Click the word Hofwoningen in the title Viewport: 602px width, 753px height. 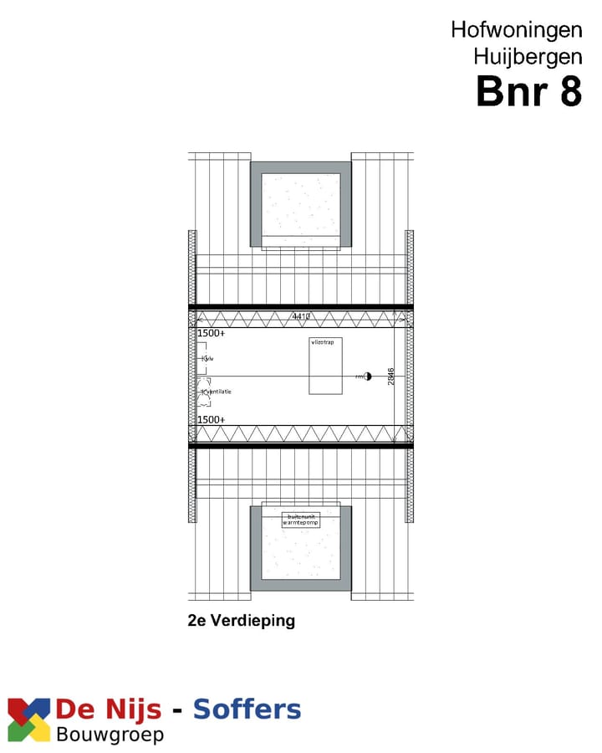pyautogui.click(x=516, y=29)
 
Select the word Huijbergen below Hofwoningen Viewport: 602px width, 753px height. pyautogui.click(x=527, y=57)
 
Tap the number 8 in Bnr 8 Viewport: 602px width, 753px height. pyautogui.click(x=569, y=91)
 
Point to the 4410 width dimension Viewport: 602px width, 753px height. pyautogui.click(x=301, y=317)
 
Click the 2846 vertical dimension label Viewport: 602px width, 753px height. pyautogui.click(x=391, y=376)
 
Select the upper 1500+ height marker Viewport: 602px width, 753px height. pyautogui.click(x=211, y=333)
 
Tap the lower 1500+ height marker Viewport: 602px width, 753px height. pyautogui.click(x=211, y=419)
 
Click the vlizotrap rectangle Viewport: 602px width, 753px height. pyautogui.click(x=325, y=366)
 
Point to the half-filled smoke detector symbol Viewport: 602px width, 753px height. pyautogui.click(x=366, y=376)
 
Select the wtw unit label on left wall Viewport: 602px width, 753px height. pyautogui.click(x=207, y=359)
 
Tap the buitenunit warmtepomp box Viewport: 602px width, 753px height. pyautogui.click(x=301, y=520)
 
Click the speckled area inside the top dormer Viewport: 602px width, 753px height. pyautogui.click(x=301, y=204)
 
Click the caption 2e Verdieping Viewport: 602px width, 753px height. pyautogui.click(x=242, y=621)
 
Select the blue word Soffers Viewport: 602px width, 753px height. pyautogui.click(x=247, y=710)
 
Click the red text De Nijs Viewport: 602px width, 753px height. pyautogui.click(x=108, y=710)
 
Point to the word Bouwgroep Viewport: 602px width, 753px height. pyautogui.click(x=110, y=735)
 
